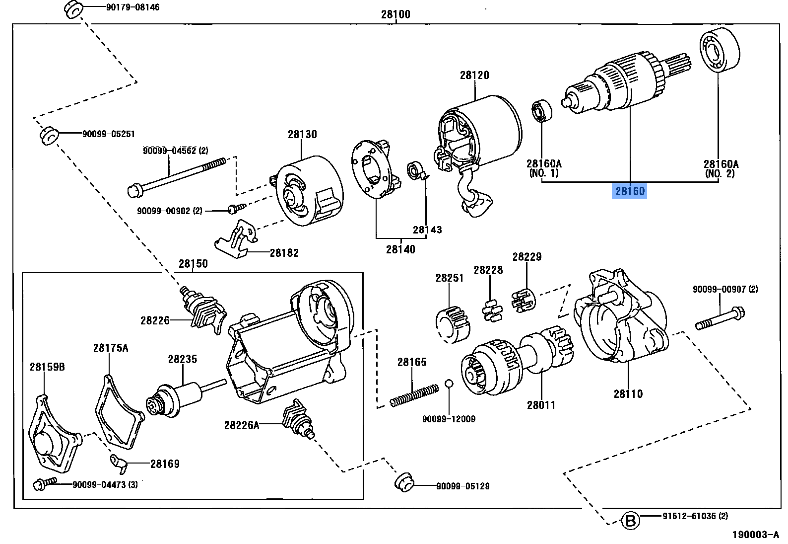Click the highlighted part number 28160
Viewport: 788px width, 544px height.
[x=630, y=191]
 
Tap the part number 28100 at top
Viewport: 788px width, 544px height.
[x=395, y=14]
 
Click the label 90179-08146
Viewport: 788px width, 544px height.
[x=132, y=7]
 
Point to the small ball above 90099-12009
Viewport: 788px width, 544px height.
[x=449, y=383]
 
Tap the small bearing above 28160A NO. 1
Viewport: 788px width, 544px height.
[x=542, y=111]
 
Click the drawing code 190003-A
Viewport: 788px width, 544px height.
[x=756, y=535]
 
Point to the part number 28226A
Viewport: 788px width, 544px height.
[x=241, y=425]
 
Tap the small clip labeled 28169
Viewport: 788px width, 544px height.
[x=120, y=463]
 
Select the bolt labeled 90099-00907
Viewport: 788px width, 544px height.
[x=720, y=318]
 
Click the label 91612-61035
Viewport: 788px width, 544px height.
[x=695, y=516]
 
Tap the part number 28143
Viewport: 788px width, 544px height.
[x=427, y=230]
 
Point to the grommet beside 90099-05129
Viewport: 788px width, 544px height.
[x=404, y=482]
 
